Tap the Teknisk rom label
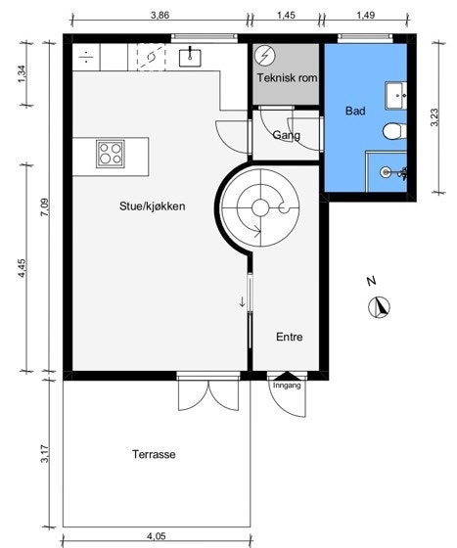click(286, 77)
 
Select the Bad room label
click(355, 112)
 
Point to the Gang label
click(286, 135)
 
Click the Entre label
click(289, 337)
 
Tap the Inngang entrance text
click(287, 385)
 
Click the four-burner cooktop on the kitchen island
click(110, 153)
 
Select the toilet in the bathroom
click(393, 130)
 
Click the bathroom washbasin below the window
click(397, 96)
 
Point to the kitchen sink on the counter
click(191, 56)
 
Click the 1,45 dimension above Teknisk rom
click(287, 16)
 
